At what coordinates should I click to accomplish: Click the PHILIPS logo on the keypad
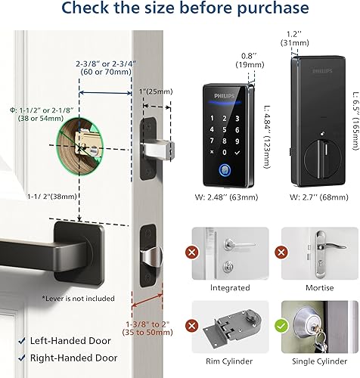pyautogui.click(x=224, y=96)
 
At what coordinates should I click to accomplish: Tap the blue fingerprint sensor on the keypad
pyautogui.click(x=224, y=150)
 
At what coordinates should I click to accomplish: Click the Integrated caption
pyautogui.click(x=230, y=288)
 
